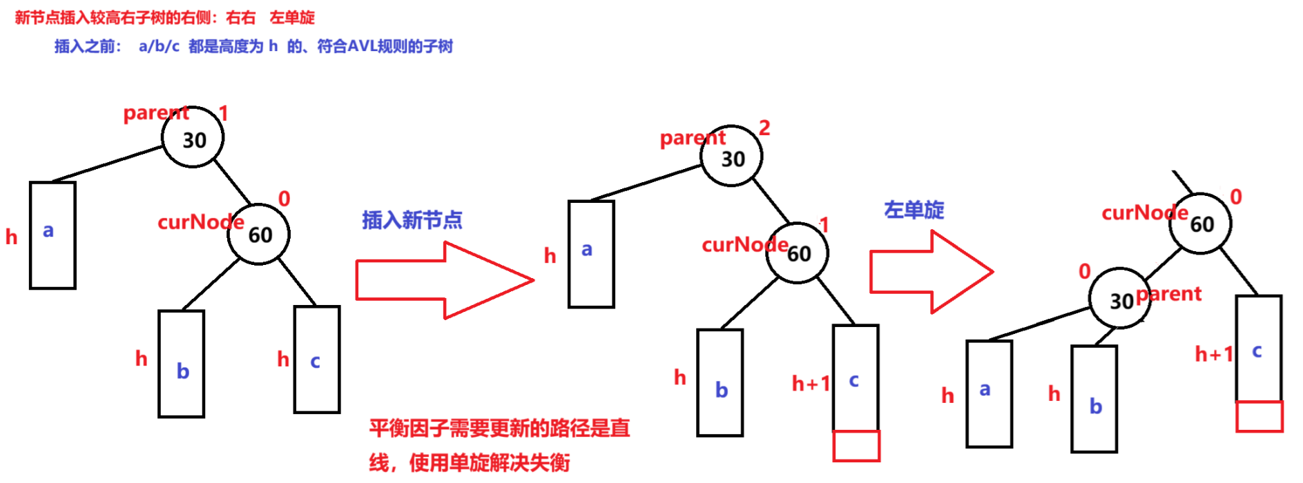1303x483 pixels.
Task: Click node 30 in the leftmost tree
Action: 193,138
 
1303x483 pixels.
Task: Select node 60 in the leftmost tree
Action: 259,234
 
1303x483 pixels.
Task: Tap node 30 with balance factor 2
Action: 731,157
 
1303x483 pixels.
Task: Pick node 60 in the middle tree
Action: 798,253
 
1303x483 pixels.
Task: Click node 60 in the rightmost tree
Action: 1200,223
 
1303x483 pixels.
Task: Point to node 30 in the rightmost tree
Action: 1119,299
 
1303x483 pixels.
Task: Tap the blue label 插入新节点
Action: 412,220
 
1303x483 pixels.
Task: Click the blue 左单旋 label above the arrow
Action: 914,210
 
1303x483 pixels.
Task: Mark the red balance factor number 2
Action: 764,128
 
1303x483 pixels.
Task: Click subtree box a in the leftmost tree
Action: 52,235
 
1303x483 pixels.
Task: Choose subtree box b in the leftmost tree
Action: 182,364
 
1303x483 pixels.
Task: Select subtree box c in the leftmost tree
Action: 317,359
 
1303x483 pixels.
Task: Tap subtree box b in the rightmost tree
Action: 1094,399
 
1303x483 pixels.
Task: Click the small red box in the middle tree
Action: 856,446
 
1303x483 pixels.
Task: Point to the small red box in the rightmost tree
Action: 1259,416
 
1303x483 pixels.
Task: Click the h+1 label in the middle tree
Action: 810,384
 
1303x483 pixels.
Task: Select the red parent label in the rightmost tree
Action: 1170,294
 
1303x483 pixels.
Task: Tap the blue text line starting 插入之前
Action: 253,46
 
